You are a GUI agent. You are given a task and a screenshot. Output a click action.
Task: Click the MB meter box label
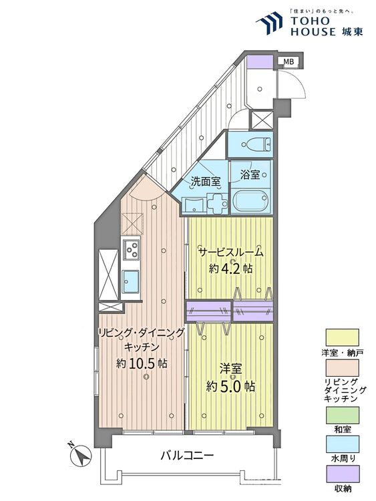click(x=289, y=63)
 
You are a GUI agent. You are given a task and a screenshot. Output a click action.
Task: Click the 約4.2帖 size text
click(x=230, y=269)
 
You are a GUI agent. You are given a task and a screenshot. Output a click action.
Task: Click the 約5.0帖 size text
click(x=230, y=385)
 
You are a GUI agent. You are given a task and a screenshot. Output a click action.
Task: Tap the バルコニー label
click(x=186, y=456)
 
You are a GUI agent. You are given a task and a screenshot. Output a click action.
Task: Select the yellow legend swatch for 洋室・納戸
click(x=343, y=336)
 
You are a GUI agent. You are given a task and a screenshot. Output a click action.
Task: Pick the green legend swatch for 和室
click(x=343, y=415)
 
